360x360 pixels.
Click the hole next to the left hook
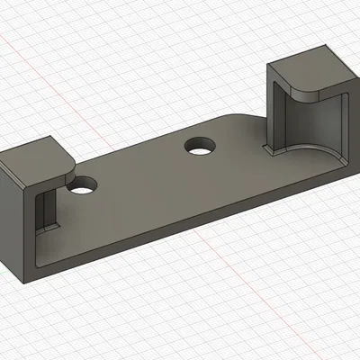coord(84,187)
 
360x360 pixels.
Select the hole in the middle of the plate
coord(200,145)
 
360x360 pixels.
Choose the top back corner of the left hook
coord(45,138)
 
